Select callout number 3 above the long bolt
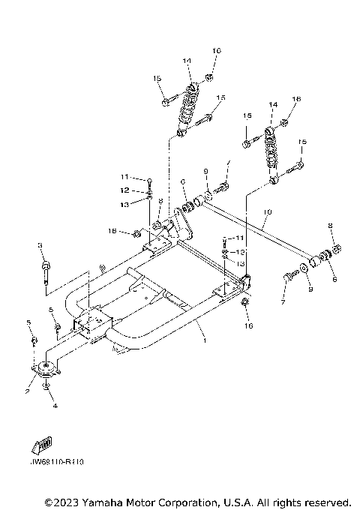click(40, 246)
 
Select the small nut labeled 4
click(47, 386)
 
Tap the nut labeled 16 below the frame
click(246, 302)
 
